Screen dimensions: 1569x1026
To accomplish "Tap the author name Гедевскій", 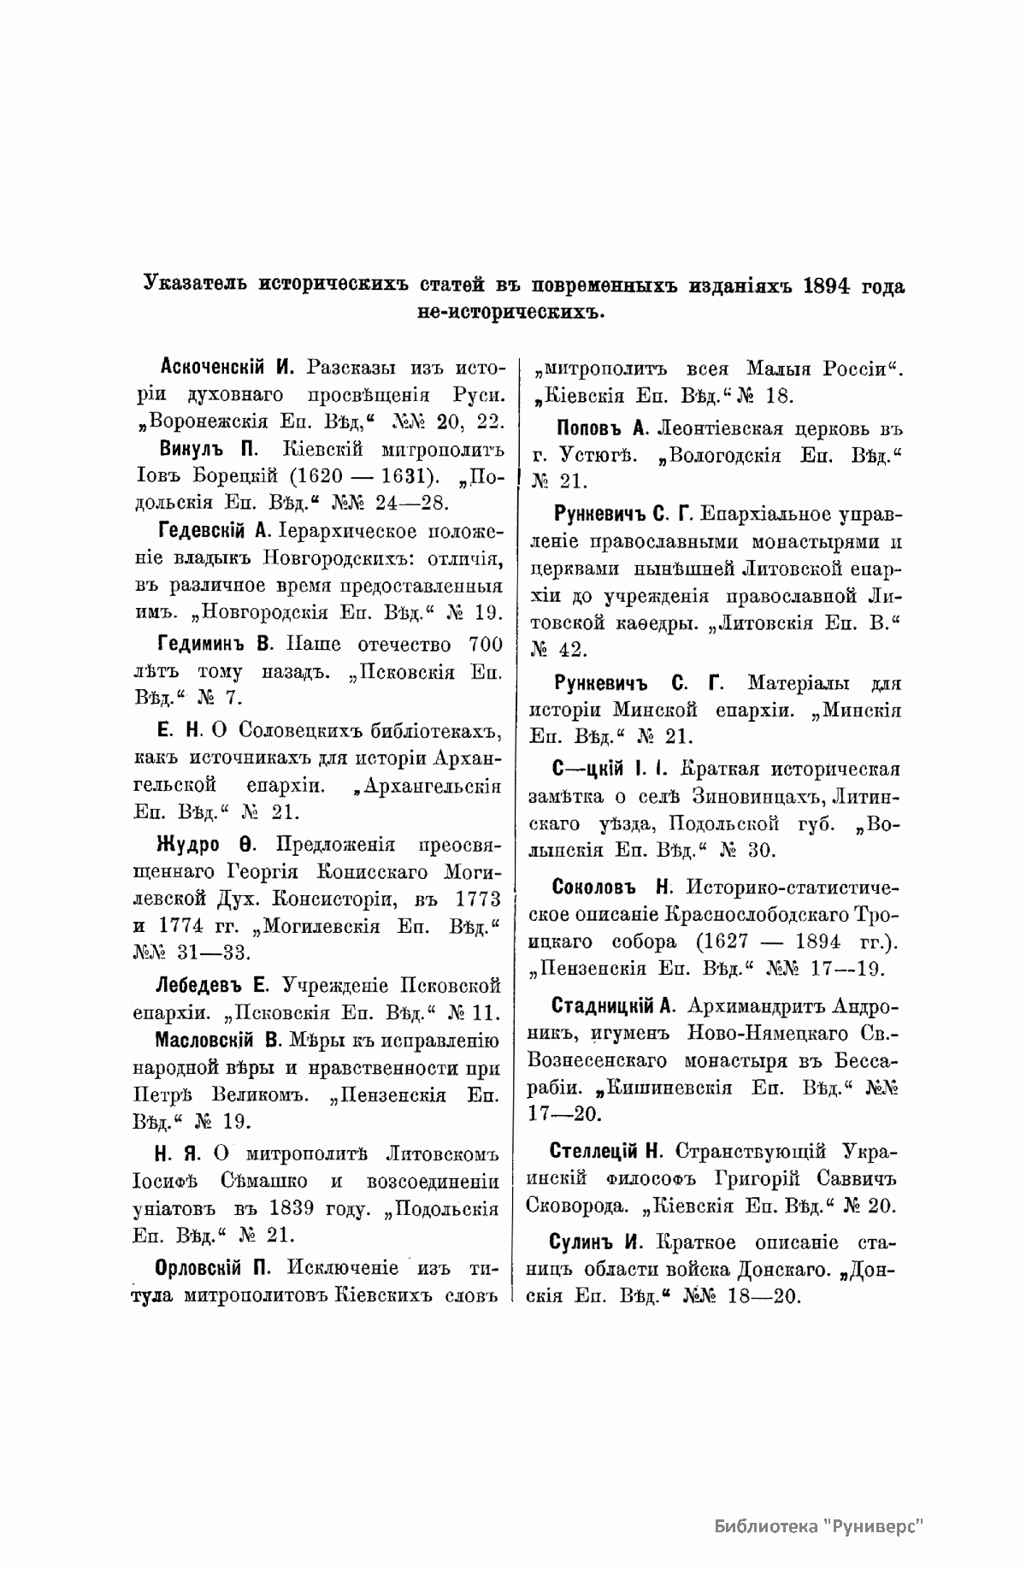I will pos(203,531).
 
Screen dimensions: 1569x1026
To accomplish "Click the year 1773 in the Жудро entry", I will pos(475,900).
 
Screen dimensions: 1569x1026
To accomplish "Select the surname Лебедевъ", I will pos(197,983).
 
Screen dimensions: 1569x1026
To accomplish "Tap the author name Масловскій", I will pos(205,1040).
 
